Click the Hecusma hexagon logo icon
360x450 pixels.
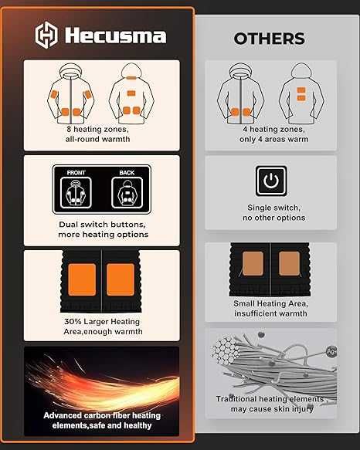point(46,34)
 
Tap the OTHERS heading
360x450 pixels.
point(269,39)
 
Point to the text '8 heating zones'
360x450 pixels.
point(101,130)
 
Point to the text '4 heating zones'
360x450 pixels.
point(270,130)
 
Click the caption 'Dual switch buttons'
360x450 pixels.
point(101,224)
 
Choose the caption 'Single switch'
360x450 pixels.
point(270,208)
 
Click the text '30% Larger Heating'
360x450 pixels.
point(101,321)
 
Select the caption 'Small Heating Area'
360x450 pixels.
point(270,303)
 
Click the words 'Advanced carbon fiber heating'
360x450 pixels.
point(101,415)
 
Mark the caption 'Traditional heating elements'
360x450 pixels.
point(270,399)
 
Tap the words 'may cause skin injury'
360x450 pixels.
point(270,409)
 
